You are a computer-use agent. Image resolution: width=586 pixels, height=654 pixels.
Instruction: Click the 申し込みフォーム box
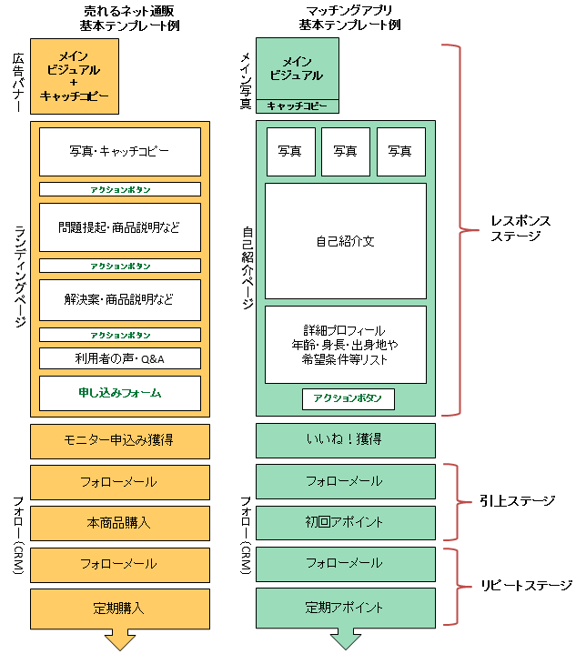(x=119, y=393)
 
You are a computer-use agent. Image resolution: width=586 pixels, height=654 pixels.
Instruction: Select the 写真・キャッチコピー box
(x=119, y=151)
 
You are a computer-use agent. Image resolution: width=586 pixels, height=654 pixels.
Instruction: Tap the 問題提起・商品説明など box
(x=119, y=226)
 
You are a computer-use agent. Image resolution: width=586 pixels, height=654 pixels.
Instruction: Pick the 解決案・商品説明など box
(x=119, y=299)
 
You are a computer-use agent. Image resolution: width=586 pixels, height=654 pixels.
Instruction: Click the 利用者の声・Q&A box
(x=119, y=357)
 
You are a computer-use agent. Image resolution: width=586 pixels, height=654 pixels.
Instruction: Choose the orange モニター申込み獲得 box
(x=119, y=440)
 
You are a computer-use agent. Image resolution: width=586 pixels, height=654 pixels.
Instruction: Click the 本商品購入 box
(x=119, y=523)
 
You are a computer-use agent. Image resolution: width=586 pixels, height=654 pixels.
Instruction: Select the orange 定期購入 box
(x=119, y=607)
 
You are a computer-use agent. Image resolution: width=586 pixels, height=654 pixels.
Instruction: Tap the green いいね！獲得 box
(x=345, y=440)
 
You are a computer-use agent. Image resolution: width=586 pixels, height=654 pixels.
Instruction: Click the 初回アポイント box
(x=345, y=523)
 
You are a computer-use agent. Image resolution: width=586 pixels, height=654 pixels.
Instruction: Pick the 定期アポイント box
(x=345, y=607)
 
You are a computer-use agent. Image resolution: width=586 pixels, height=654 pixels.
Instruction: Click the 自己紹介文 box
(x=345, y=241)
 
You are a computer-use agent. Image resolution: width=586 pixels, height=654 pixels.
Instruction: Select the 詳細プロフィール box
(x=345, y=344)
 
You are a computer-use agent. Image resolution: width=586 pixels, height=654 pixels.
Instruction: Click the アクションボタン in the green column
(x=348, y=398)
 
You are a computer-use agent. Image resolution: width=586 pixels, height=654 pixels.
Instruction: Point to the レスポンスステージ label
(x=520, y=228)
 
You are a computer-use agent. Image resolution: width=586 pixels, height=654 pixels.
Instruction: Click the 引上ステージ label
(x=517, y=501)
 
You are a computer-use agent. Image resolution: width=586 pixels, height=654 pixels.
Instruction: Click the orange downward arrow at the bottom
(x=119, y=639)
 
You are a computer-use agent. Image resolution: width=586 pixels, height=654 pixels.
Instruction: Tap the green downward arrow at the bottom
(x=345, y=639)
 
